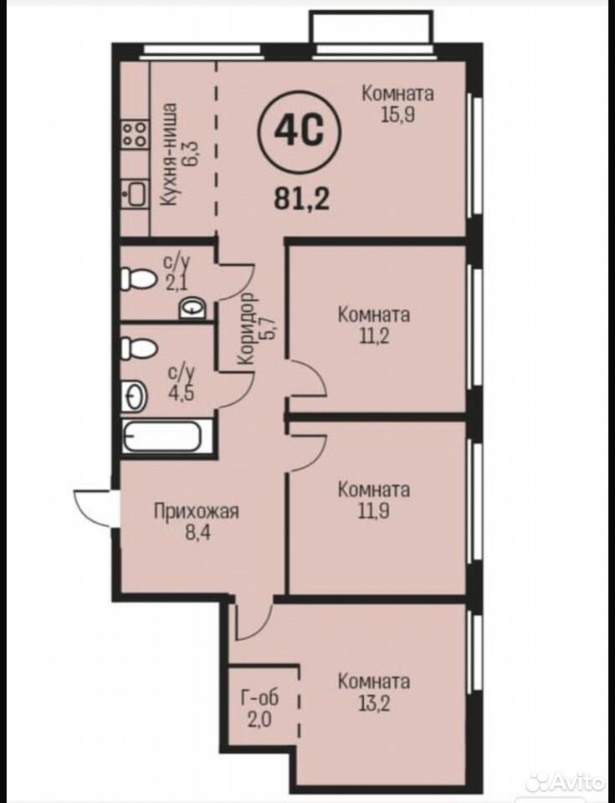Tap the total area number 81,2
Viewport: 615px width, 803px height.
tap(301, 198)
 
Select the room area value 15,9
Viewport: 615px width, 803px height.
tap(397, 115)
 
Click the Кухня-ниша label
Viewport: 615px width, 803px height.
tap(168, 154)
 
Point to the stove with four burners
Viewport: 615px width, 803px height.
tap(135, 134)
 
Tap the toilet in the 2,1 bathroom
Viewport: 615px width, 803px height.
tap(138, 279)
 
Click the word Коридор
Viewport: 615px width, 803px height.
tap(248, 329)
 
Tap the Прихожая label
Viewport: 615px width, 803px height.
tap(197, 510)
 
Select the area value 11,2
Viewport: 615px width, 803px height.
tap(374, 336)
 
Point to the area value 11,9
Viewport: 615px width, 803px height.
tap(374, 510)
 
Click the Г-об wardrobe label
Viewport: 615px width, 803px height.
tap(260, 698)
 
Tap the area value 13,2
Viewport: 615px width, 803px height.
tap(374, 703)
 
